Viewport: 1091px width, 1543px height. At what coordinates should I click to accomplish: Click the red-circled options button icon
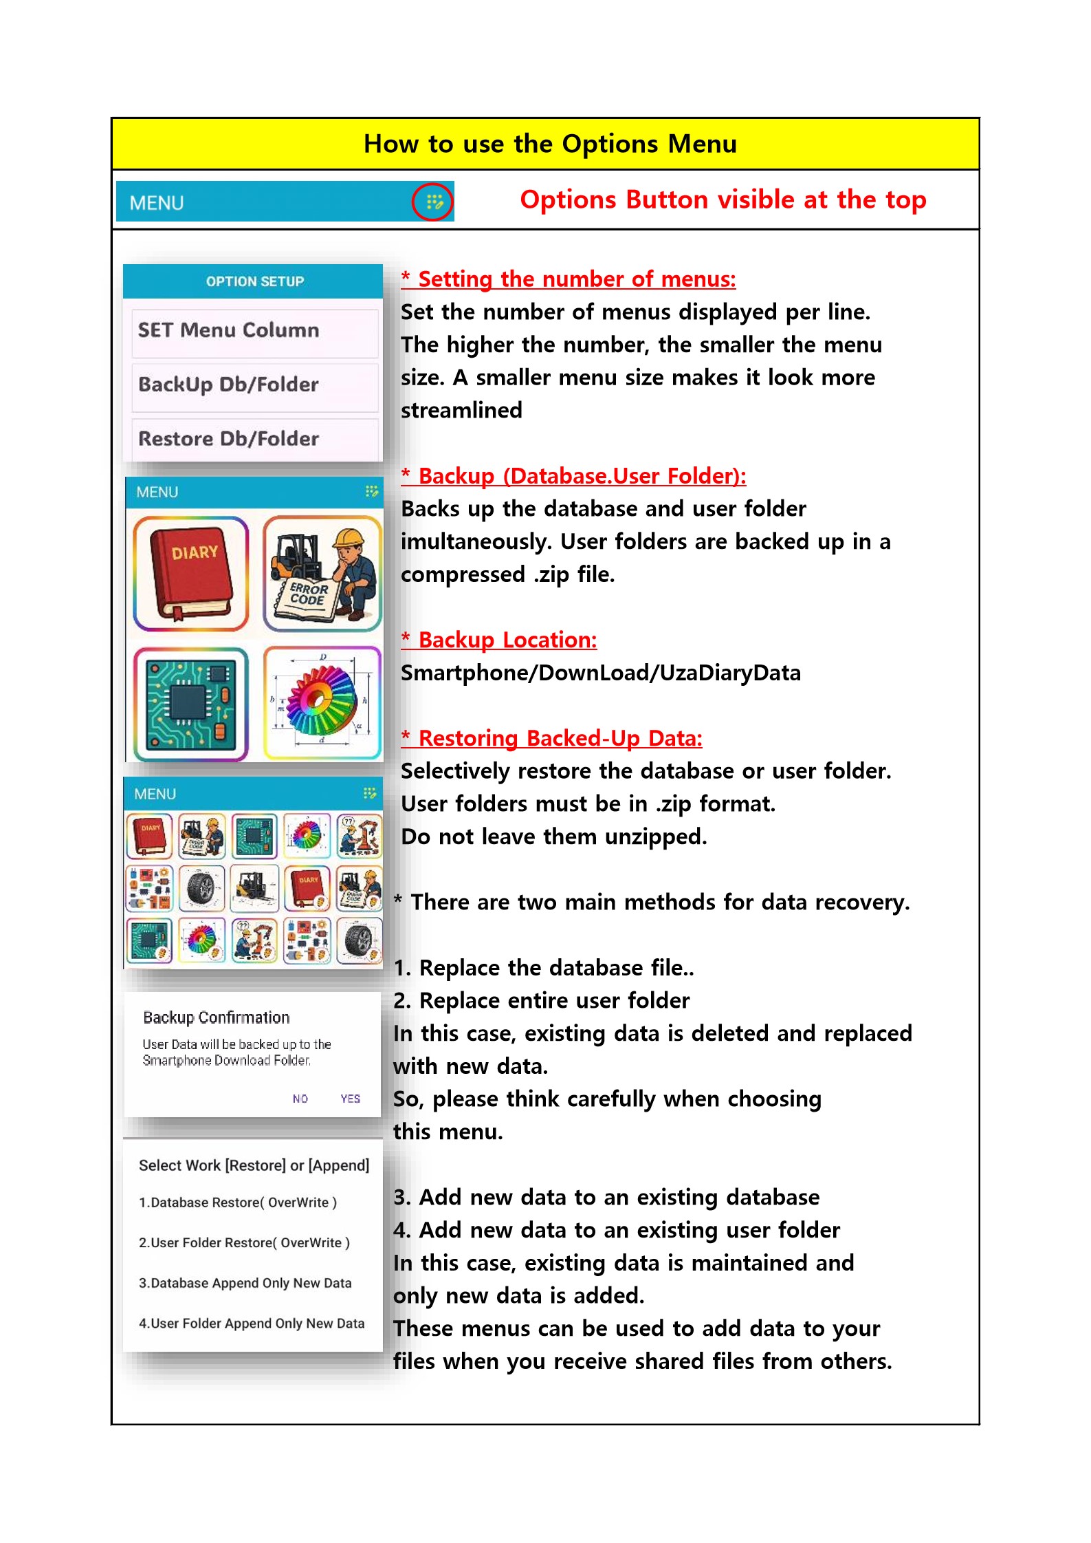[x=432, y=202]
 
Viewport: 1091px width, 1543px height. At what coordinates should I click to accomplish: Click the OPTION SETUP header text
[x=254, y=281]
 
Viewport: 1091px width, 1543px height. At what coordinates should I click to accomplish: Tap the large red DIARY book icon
[x=190, y=573]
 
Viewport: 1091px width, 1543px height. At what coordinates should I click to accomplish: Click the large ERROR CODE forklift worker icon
[x=322, y=573]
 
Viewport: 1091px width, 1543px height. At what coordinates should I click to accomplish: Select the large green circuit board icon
[x=190, y=704]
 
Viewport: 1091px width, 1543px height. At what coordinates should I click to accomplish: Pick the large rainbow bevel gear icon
[x=322, y=702]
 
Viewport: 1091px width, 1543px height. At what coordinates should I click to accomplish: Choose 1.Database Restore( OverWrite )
[x=238, y=1202]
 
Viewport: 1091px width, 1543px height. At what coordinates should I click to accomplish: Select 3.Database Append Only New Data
[x=245, y=1283]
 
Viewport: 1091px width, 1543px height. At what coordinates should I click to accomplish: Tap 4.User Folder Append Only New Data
[x=252, y=1324]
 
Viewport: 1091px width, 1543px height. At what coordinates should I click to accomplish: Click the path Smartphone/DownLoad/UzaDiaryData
[x=601, y=673]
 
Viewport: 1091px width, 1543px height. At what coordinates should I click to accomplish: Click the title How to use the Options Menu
[x=550, y=144]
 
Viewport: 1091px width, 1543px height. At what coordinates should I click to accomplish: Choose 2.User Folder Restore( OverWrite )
[x=244, y=1242]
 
